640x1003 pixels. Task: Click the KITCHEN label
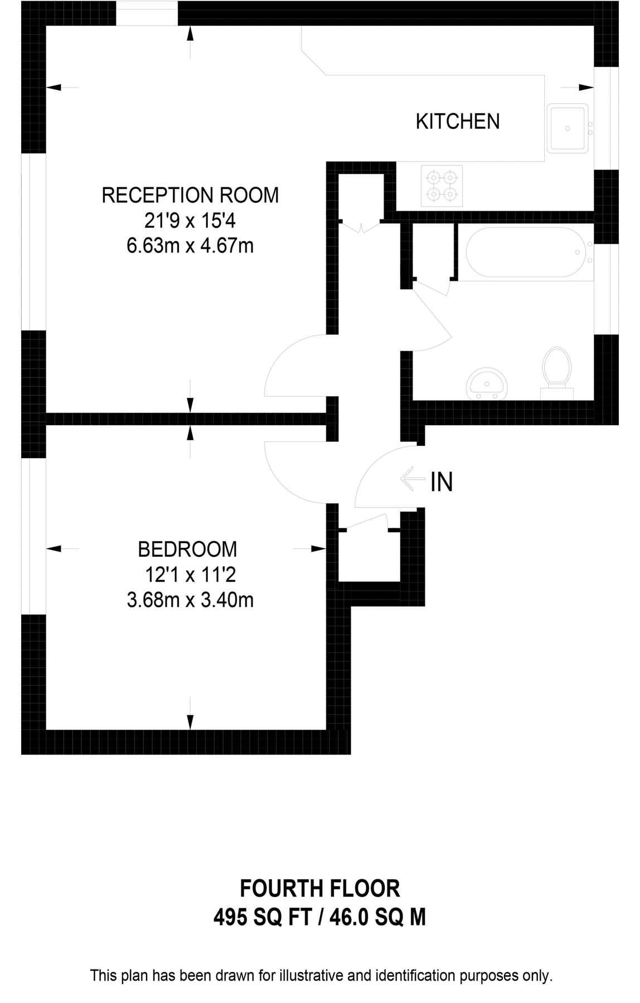point(458,121)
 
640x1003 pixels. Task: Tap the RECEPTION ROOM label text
point(190,196)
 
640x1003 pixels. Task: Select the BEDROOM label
point(187,549)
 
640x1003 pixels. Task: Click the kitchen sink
point(568,128)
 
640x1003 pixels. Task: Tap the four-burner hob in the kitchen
point(442,186)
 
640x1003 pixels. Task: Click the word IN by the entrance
point(442,482)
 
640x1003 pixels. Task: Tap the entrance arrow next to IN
point(412,479)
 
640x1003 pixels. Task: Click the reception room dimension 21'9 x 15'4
point(190,221)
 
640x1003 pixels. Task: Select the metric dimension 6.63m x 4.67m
point(190,246)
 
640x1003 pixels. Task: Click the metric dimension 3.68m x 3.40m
point(190,600)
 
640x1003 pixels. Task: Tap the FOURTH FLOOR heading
point(319,888)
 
